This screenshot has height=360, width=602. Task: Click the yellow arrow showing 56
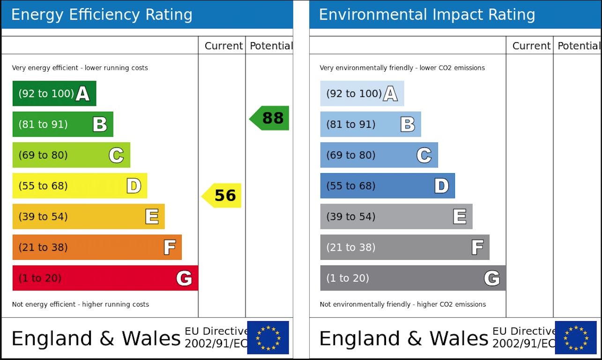pos(222,195)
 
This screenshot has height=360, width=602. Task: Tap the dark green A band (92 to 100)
pos(54,94)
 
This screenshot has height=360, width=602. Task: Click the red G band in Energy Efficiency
pos(105,278)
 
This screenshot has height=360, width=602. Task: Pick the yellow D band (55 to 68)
pos(80,186)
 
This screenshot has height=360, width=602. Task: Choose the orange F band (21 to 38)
pos(97,247)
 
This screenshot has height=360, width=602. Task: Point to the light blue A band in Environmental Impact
pos(362,94)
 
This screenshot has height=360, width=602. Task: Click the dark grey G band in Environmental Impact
pos(413,278)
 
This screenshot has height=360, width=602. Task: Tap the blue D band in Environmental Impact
pos(387,186)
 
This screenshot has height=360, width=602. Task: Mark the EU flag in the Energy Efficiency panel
pos(268,338)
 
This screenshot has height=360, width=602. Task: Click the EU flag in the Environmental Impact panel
pos(576,338)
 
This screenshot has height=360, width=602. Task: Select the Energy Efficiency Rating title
pos(102,15)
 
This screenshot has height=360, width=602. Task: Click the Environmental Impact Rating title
pos(427,15)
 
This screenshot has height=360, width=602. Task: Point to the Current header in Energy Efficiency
pos(223,46)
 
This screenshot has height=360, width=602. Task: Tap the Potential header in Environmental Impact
pos(578,46)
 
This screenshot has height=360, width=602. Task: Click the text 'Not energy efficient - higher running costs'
pos(81,304)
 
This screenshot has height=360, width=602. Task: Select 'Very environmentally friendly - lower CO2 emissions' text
pos(402,68)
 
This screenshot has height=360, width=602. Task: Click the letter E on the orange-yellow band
pos(152,217)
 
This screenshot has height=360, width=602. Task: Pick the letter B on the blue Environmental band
pos(408,125)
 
